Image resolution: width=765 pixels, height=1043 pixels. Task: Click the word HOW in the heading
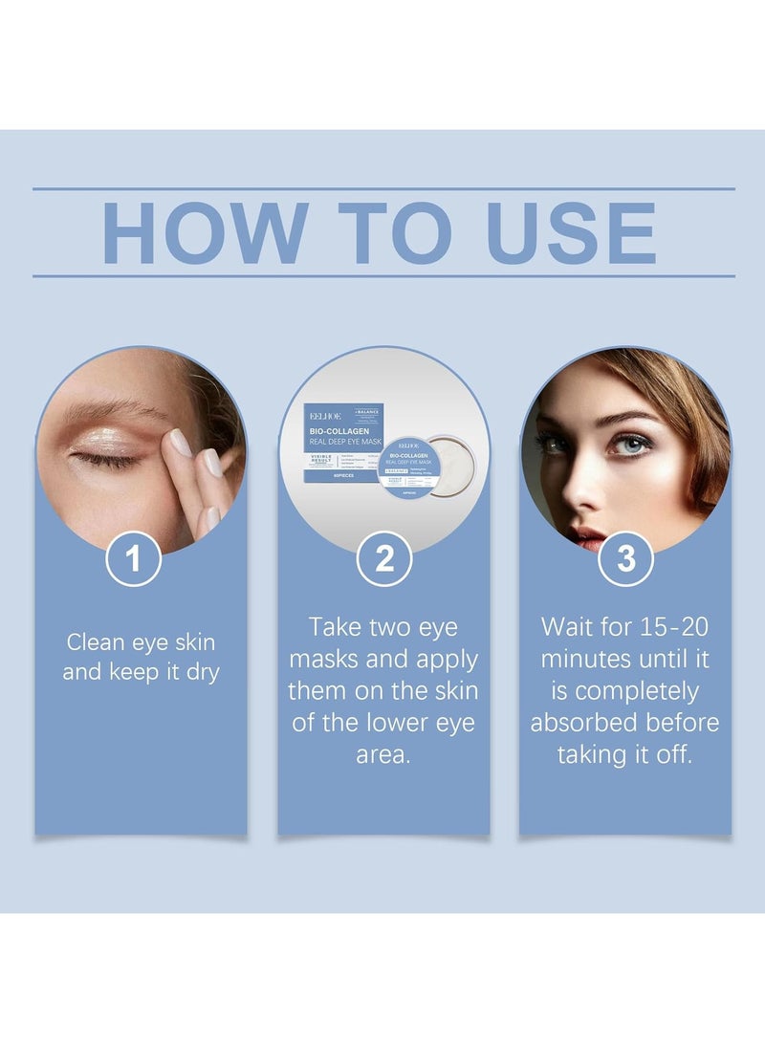[205, 232]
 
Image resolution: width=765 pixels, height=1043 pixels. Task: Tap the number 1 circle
[133, 558]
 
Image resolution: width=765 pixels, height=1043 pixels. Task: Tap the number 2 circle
[383, 558]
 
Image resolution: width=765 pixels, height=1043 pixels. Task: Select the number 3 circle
[625, 558]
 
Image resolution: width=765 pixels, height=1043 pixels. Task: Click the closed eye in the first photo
[106, 458]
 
